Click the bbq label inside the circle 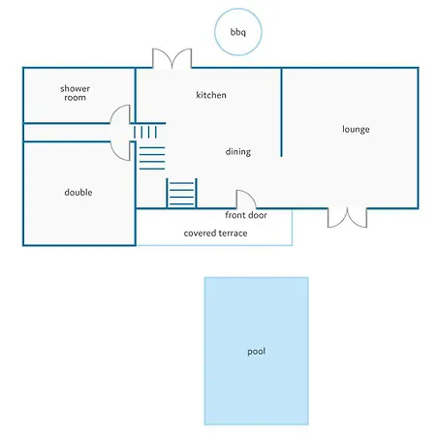coord(238,32)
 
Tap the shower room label coord(75,93)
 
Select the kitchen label coord(211,95)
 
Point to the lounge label coord(356,130)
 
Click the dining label coord(238,152)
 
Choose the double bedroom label coord(78,193)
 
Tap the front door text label coord(246,215)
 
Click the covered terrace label coord(215,234)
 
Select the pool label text coord(257,352)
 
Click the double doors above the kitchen coord(172,58)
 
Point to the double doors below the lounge coord(347,218)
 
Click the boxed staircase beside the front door coord(181,193)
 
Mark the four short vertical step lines coord(145,132)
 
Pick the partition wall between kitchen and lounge coord(281,112)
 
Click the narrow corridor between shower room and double coord(67,133)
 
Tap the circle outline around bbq coord(238,9)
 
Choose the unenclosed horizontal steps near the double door coord(152,158)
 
